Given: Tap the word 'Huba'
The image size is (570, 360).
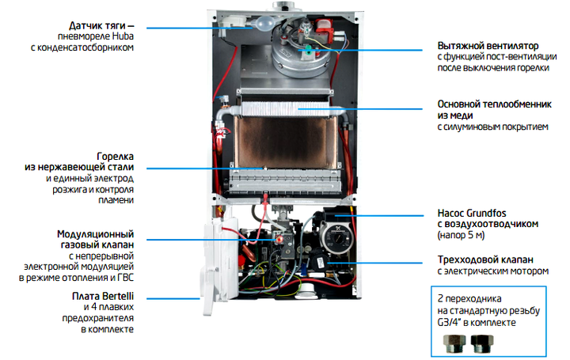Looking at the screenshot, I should click(123, 36).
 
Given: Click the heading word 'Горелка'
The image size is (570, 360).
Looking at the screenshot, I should click(116, 157).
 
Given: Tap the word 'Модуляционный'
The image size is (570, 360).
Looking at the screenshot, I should click(95, 235).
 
